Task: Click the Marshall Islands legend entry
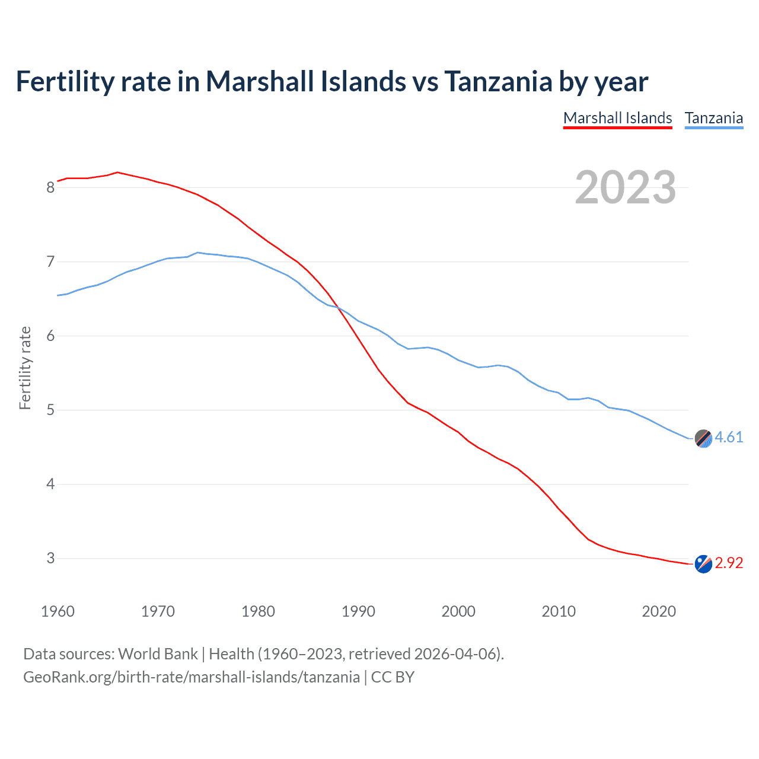[x=617, y=118]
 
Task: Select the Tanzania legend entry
[x=714, y=118]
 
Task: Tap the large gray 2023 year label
[x=626, y=187]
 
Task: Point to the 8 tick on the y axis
[x=50, y=188]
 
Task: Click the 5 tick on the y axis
[x=50, y=410]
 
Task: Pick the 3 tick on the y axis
[x=50, y=559]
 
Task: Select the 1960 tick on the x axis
[x=58, y=611]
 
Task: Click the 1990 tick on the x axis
[x=358, y=611]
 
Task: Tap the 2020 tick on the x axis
[x=659, y=611]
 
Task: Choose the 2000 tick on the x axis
[x=458, y=611]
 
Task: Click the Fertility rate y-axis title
[x=25, y=368]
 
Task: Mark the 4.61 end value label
[x=729, y=438]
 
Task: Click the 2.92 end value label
[x=729, y=563]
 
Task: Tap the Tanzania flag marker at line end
[x=703, y=438]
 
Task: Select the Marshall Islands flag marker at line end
[x=703, y=564]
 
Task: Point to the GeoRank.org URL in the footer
[x=192, y=677]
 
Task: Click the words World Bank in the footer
[x=158, y=654]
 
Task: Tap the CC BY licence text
[x=393, y=677]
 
